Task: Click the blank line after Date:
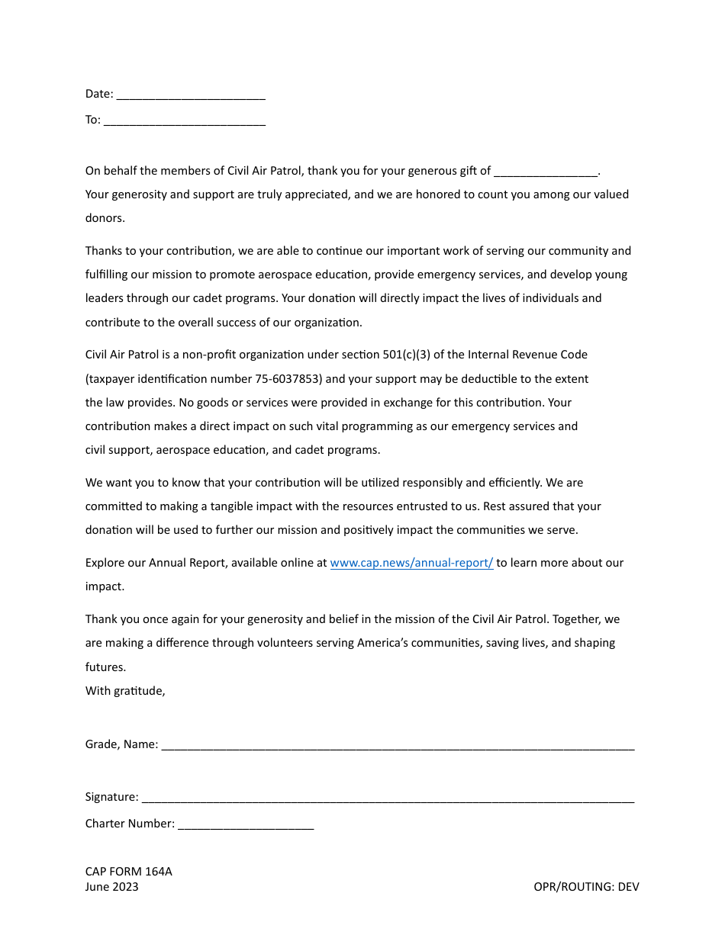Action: tap(191, 95)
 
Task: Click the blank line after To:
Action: tap(184, 120)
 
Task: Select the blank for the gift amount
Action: tap(546, 172)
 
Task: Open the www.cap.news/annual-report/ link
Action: tap(411, 563)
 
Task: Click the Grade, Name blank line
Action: tap(398, 745)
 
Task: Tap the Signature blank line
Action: tap(388, 798)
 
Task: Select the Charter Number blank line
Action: tap(246, 824)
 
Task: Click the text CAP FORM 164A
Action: tap(128, 872)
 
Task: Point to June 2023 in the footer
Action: tap(111, 887)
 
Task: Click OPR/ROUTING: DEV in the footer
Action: tap(586, 887)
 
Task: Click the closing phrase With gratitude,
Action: tap(125, 691)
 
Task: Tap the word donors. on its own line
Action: tap(105, 218)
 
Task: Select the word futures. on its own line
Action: tap(105, 667)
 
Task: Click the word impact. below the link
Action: tap(105, 586)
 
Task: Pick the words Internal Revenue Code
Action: tap(527, 355)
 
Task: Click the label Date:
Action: tap(99, 95)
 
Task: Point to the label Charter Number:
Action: tap(130, 824)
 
